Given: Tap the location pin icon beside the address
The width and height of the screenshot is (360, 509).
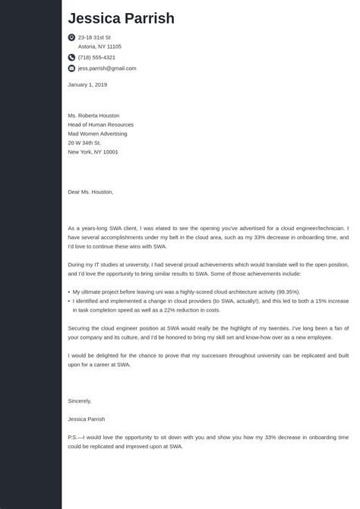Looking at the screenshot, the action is click(71, 36).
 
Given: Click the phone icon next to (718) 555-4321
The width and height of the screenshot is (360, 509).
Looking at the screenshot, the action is click(71, 57).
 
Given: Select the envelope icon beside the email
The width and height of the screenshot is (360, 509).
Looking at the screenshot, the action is click(71, 68).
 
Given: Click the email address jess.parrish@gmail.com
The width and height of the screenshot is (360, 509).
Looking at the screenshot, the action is click(107, 68).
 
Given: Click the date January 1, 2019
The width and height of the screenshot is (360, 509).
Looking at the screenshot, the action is click(87, 84).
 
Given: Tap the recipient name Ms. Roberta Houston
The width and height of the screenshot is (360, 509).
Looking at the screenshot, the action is click(93, 115).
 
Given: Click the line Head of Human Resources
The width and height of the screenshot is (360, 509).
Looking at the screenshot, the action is click(100, 125).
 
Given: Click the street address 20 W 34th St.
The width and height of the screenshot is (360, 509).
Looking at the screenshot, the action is click(84, 143).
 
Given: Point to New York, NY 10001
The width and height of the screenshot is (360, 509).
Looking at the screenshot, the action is click(93, 152).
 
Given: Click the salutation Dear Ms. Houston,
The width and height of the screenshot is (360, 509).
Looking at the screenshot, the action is click(90, 192).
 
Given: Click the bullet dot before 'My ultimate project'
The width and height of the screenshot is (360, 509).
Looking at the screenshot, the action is click(69, 292).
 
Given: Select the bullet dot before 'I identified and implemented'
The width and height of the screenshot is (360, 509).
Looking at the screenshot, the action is click(69, 301).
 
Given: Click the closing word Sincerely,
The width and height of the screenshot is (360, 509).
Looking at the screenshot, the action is click(80, 400).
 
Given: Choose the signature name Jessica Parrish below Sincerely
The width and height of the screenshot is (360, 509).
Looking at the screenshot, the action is click(87, 419).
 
